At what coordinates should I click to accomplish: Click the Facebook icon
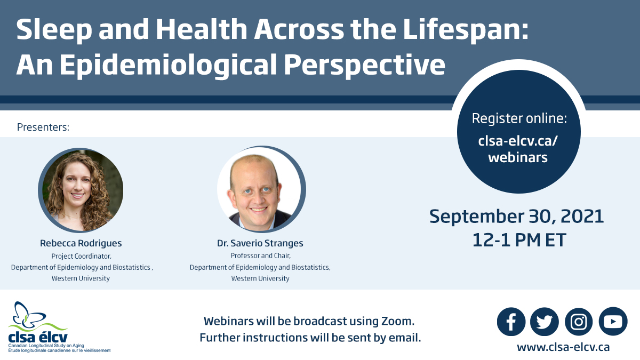pyautogui.click(x=511, y=322)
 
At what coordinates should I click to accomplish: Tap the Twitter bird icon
pyautogui.click(x=545, y=322)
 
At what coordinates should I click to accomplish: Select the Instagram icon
pyautogui.click(x=579, y=322)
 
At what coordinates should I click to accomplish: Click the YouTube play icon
pyautogui.click(x=613, y=322)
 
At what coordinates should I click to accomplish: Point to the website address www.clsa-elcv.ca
pyautogui.click(x=563, y=347)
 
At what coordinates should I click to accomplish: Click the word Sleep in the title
pyautogui.click(x=54, y=30)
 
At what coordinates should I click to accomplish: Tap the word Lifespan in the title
pyautogui.click(x=466, y=30)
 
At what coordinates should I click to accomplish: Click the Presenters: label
pyautogui.click(x=43, y=127)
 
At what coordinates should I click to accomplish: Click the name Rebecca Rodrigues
pyautogui.click(x=81, y=243)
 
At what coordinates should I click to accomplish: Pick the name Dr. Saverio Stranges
pyautogui.click(x=260, y=243)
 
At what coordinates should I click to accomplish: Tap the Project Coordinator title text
pyautogui.click(x=82, y=256)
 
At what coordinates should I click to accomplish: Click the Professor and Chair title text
pyautogui.click(x=261, y=255)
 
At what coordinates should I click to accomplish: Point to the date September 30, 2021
pyautogui.click(x=517, y=217)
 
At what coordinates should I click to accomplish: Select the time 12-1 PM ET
pyautogui.click(x=519, y=240)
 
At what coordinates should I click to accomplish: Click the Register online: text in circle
pyautogui.click(x=519, y=118)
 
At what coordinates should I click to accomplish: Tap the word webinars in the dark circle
pyautogui.click(x=518, y=157)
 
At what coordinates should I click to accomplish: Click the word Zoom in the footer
pyautogui.click(x=398, y=321)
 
